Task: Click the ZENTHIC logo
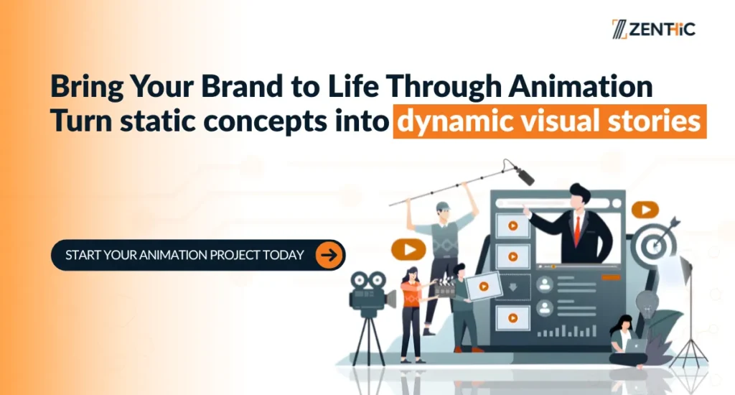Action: click(653, 29)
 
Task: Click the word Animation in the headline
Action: click(581, 86)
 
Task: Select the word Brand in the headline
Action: click(242, 86)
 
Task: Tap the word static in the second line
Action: click(158, 121)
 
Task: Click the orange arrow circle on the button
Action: click(329, 255)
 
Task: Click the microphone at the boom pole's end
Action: click(524, 175)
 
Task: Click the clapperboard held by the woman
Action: click(444, 288)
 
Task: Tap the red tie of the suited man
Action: click(577, 231)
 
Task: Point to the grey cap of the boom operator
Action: click(443, 206)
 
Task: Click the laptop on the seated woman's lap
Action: click(635, 346)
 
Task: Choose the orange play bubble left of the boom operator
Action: click(408, 250)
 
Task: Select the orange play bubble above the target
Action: click(645, 209)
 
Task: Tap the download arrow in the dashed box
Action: click(512, 287)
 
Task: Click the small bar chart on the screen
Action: click(567, 331)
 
